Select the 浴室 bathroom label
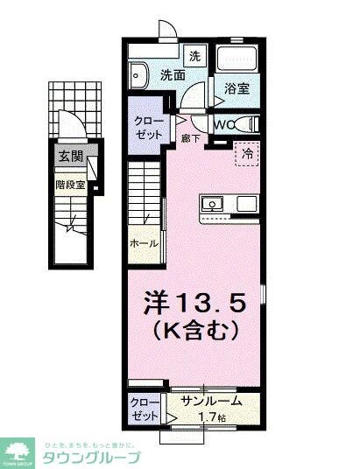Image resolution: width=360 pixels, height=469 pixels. click(x=237, y=88)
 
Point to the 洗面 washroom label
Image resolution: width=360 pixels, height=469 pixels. click(x=172, y=76)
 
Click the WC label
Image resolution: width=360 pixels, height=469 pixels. click(x=222, y=124)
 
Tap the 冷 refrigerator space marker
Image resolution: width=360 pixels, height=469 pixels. click(x=248, y=152)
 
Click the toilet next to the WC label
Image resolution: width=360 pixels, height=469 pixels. click(x=248, y=124)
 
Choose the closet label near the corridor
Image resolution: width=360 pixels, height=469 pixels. click(x=145, y=128)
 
